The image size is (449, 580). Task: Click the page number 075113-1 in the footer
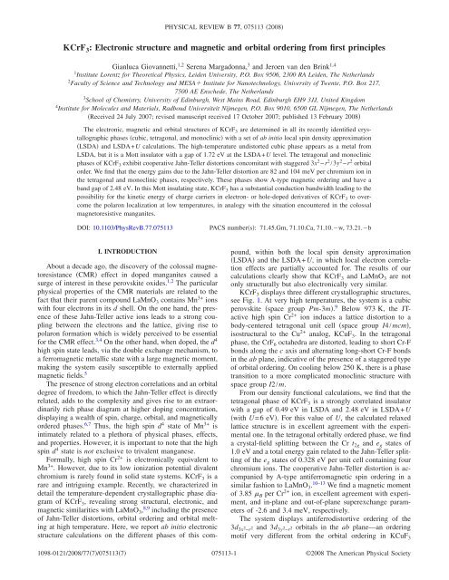pos(224,569)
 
